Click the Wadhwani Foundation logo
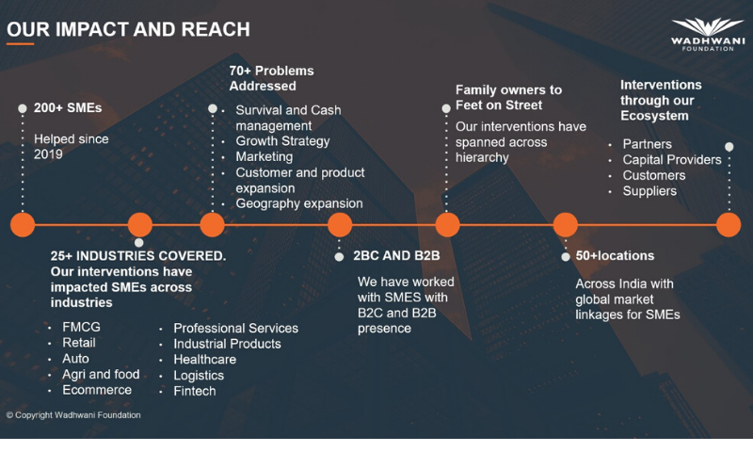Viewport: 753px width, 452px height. [x=708, y=35]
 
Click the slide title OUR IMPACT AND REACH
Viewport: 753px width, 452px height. [x=128, y=29]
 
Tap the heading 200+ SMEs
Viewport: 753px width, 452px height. [x=68, y=107]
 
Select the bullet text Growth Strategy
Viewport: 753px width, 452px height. [x=282, y=141]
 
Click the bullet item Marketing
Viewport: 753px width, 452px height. [x=264, y=156]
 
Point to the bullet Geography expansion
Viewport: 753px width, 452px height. [x=299, y=203]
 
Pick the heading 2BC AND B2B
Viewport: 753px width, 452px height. [x=396, y=255]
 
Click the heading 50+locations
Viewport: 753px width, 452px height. [x=615, y=255]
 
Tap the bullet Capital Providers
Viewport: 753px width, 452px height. [x=672, y=159]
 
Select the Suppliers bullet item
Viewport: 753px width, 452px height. [x=649, y=191]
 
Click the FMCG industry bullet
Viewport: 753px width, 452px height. [x=81, y=327]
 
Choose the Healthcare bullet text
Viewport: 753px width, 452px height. [x=204, y=360]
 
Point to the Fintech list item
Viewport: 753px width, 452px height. [x=195, y=391]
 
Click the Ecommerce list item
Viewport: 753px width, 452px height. [x=97, y=390]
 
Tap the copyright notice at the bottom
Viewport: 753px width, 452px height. [x=73, y=415]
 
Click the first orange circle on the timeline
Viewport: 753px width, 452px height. [x=23, y=225]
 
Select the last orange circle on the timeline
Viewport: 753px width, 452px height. [x=729, y=225]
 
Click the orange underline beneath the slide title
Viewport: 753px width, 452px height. [x=20, y=44]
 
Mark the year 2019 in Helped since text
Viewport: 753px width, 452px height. [x=48, y=154]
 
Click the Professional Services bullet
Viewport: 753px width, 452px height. [x=236, y=328]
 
